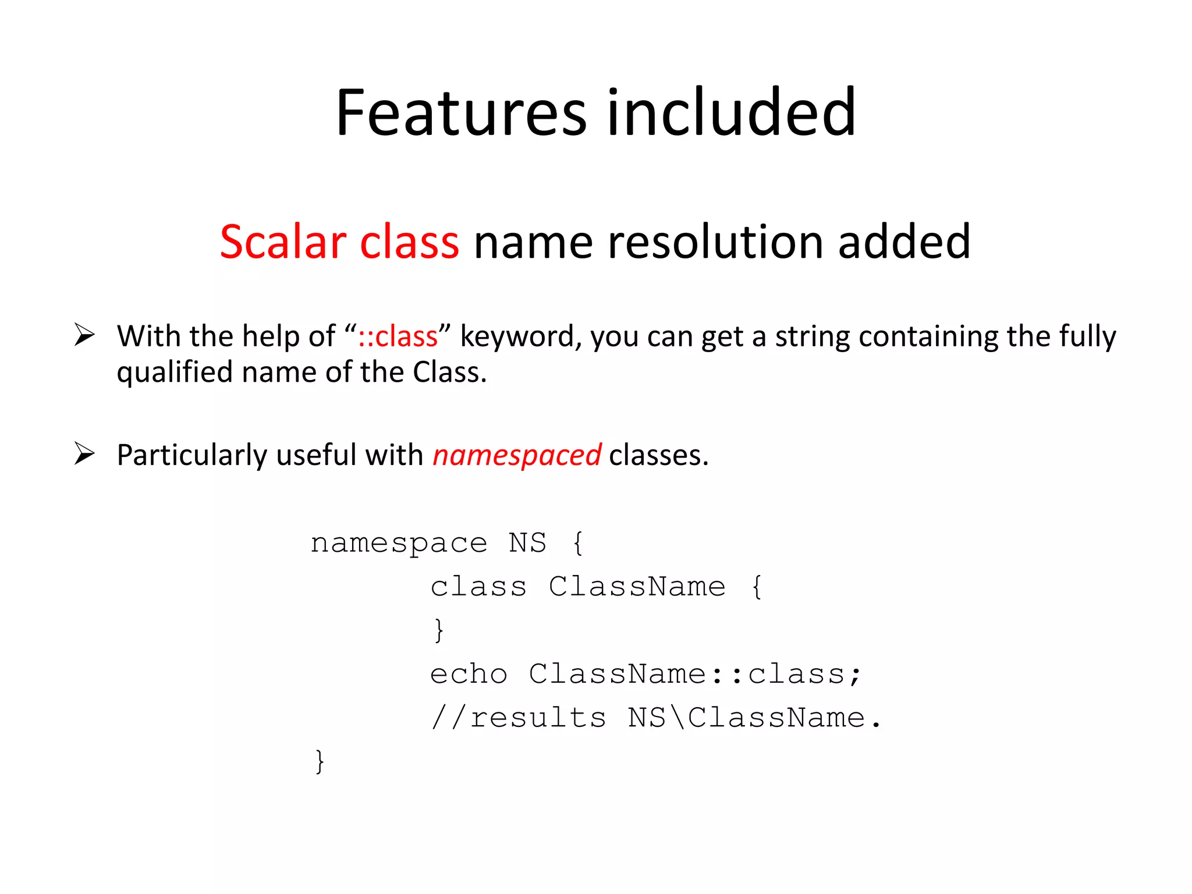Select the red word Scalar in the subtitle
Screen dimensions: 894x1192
(283, 242)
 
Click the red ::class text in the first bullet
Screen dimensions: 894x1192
(398, 336)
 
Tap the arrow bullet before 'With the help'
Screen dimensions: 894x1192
(84, 335)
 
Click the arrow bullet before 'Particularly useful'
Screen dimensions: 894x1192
(84, 453)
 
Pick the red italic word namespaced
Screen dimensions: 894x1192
(517, 455)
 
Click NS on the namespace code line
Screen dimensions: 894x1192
(527, 543)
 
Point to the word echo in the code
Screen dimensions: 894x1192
(469, 675)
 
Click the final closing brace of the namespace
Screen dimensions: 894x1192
(320, 761)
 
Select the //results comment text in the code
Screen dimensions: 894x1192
(518, 718)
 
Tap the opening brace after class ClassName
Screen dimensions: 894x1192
(757, 587)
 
